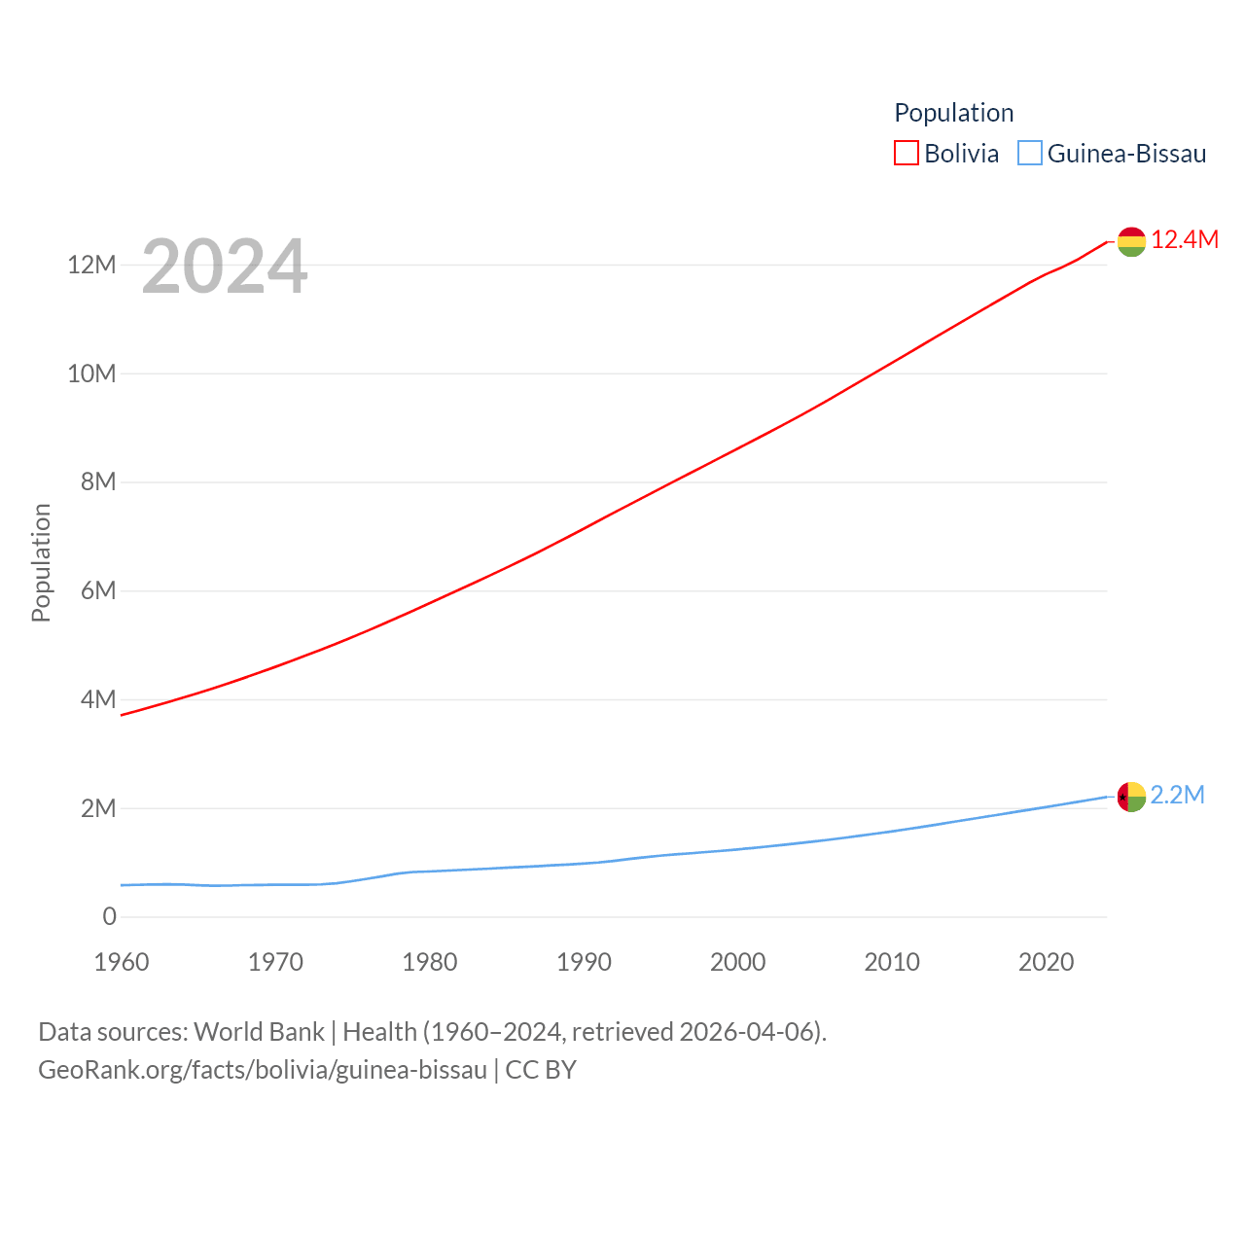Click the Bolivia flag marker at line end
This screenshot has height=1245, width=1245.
1131,241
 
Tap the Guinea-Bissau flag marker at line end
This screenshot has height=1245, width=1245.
1131,797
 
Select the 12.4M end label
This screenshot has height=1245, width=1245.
1185,239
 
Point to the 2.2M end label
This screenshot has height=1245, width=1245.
1178,795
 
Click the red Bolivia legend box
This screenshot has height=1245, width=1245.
906,154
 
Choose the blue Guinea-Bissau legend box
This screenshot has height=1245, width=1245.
1029,154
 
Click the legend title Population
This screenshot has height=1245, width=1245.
953,113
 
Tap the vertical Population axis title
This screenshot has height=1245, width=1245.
41,562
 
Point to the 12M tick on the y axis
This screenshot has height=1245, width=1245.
91,265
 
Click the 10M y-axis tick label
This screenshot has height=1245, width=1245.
91,373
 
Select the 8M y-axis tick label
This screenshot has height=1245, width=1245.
98,481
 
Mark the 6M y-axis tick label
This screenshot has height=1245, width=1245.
98,590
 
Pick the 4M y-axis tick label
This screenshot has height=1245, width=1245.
98,699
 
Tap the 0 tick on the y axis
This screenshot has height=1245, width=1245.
109,916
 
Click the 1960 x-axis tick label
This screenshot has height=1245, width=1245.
122,962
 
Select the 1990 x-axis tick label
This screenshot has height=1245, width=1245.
584,962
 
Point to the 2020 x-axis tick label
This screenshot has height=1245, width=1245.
1046,962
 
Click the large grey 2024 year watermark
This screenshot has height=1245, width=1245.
225,267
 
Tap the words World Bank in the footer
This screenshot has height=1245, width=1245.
259,1031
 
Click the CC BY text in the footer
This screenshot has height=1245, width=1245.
541,1070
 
